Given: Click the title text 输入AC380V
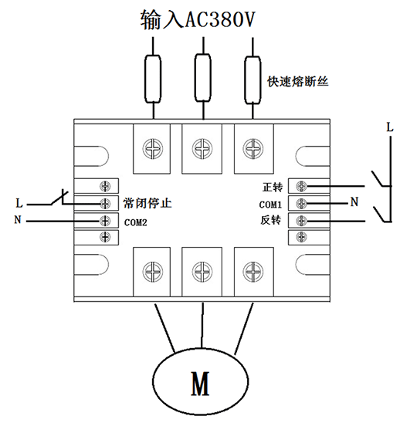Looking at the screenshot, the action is point(198,19).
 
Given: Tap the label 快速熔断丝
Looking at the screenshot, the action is point(297,82).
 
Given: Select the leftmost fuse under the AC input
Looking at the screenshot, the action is point(153,79).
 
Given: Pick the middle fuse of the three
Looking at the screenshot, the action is point(203,78).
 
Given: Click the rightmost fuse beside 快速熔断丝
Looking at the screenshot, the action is point(253,80).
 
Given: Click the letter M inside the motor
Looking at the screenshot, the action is point(201,384).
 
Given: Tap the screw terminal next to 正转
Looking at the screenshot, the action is point(301,187).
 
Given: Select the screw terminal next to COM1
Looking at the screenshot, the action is point(301,204).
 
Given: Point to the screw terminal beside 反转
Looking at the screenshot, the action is point(301,221).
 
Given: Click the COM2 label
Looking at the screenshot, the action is point(135,222).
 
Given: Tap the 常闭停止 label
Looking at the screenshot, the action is point(147,203).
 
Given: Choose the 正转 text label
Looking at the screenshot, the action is point(273,187).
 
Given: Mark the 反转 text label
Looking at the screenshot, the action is point(271,220).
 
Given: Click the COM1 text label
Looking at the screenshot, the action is point(270,205).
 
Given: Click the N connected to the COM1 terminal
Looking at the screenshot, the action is point(354,202).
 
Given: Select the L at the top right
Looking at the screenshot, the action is point(390,127).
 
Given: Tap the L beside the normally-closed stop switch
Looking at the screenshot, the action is point(19,203).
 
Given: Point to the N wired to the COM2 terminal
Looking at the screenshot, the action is point(18,220).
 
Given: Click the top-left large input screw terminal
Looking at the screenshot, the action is point(152,148).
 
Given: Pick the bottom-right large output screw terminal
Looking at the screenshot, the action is point(253,272).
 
